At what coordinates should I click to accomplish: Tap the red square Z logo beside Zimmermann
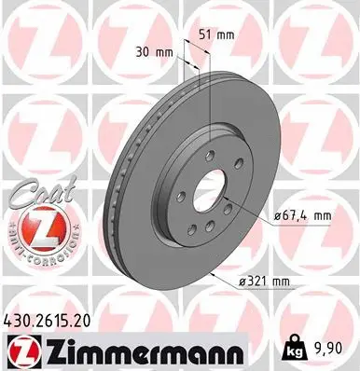coord(20,350)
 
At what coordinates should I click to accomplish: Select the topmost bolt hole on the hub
coord(211,156)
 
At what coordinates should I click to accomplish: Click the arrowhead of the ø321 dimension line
coord(214,274)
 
